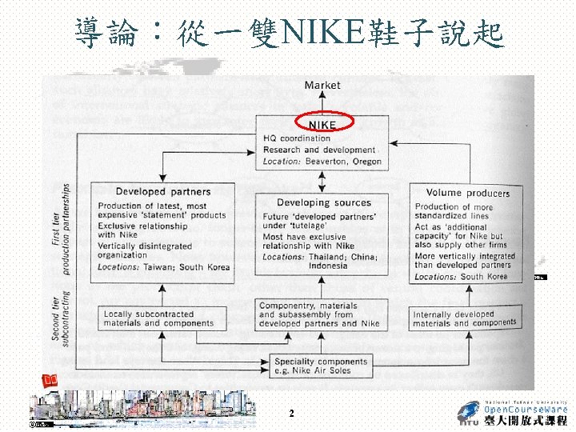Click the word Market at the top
coord(322,85)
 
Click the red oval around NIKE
coord(324,122)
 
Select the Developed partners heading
coord(163,192)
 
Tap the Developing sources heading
coord(324,203)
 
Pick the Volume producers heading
coord(468,193)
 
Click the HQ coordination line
coord(297,138)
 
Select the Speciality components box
coord(322,366)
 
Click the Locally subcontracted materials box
coord(158,319)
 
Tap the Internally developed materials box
coord(465,319)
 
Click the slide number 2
coord(291,414)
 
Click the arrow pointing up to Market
coord(322,102)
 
